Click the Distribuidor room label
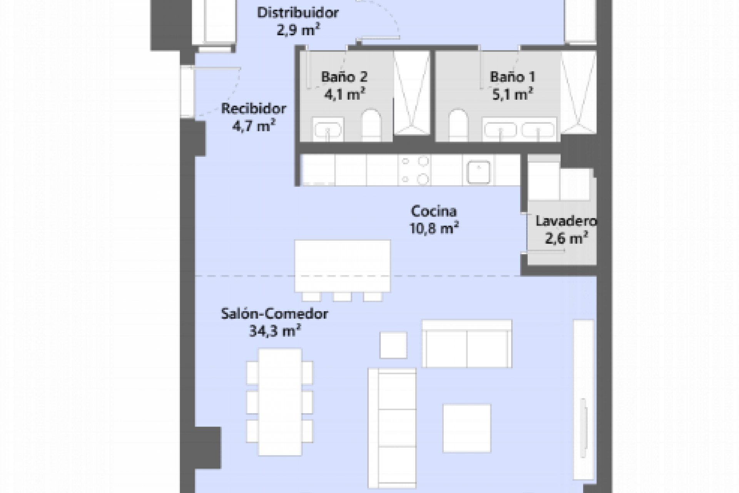298,13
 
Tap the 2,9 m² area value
298,30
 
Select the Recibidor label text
253,109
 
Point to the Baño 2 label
344,77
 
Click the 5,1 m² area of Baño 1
512,94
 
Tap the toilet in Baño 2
371,125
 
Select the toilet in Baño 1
458,125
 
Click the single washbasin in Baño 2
328,130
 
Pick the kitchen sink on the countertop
478,172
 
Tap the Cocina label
434,211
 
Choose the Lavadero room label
566,221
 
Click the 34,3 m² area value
274,331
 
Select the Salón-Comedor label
274,314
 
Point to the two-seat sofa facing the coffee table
467,344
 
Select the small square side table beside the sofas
393,345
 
